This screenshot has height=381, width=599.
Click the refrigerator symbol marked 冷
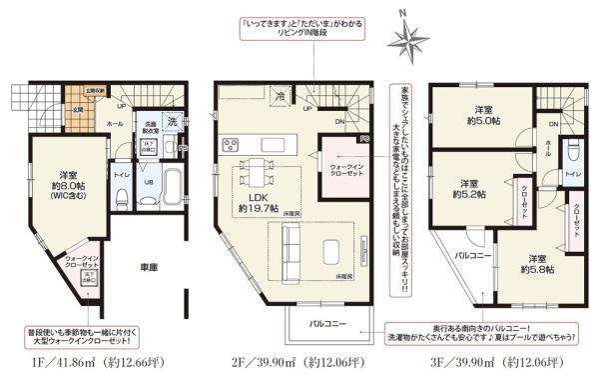(283, 97)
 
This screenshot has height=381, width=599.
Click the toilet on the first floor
(122, 195)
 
